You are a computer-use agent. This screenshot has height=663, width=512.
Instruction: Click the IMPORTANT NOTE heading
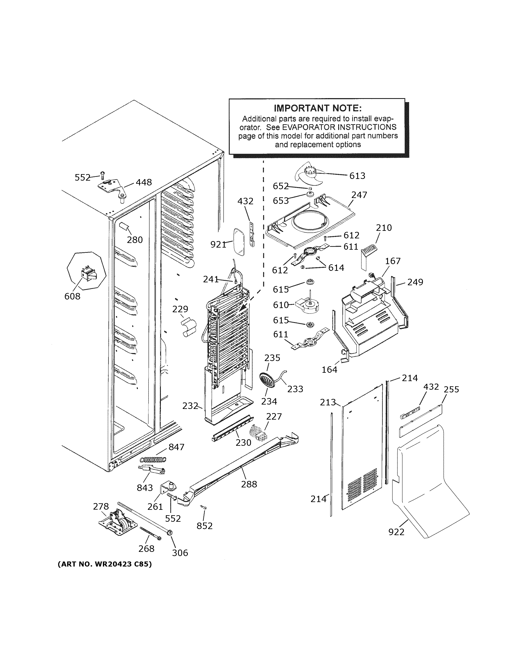coord(317,108)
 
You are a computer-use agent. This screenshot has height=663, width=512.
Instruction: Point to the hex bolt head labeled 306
coord(170,532)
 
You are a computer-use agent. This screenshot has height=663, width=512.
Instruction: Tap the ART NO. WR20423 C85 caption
coord(105,564)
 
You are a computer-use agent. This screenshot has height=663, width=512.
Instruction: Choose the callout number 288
coord(249,484)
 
